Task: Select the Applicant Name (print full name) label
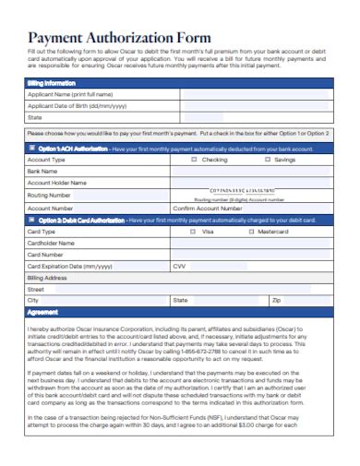coord(70,94)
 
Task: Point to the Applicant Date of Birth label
coord(77,106)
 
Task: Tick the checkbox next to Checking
coord(194,160)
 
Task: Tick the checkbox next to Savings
coord(267,160)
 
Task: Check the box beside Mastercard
coord(250,232)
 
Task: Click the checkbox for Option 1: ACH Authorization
coord(31,148)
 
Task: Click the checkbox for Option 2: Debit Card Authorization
coord(31,220)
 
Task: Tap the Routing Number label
coord(49,196)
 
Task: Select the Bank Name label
coord(43,172)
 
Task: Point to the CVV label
coord(179,266)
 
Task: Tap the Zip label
coord(275,301)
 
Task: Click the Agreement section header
coord(42,313)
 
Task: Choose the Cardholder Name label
coord(51,243)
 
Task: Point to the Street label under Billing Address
coord(36,289)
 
